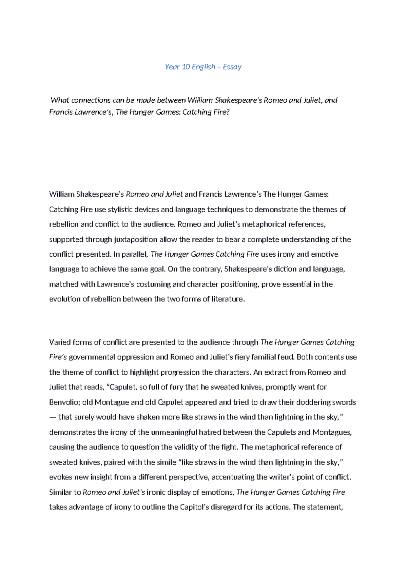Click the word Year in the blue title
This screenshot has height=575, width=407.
coord(172,67)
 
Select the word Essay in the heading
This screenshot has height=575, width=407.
coord(232,67)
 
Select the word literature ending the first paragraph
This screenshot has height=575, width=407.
coord(228,299)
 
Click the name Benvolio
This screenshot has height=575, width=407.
coord(64,402)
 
